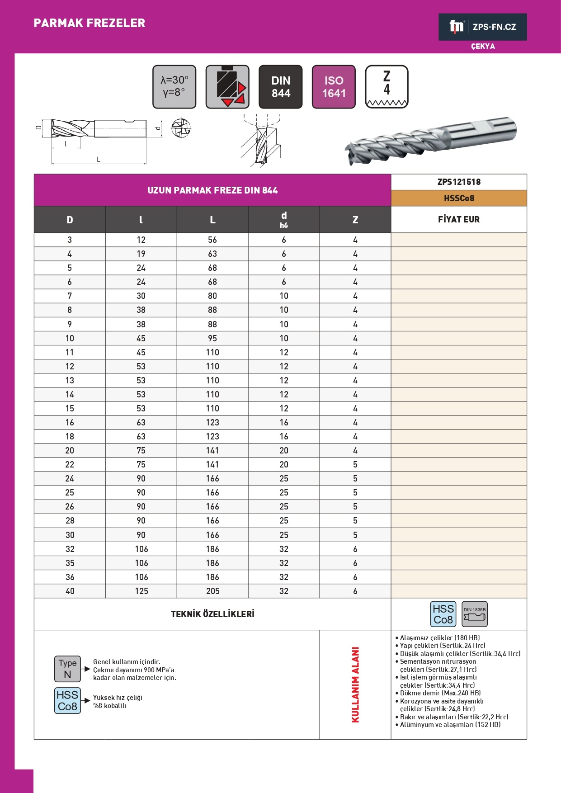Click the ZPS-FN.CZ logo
point(482,27)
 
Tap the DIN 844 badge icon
point(281,87)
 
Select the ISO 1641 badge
point(334,87)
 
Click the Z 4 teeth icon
point(387,87)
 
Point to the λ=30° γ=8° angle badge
point(174,87)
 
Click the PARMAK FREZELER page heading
point(90,23)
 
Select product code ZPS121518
point(459,182)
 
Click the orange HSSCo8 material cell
point(459,198)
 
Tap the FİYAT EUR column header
point(459,220)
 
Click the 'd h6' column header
point(284,220)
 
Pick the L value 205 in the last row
point(212,591)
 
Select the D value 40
point(70,591)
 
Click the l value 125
point(141,591)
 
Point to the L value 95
point(212,338)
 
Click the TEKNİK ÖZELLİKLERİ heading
point(212,614)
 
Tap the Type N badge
point(67,669)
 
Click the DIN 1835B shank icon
point(475,614)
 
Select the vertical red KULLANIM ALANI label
point(355,684)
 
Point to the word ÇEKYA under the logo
point(483,47)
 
